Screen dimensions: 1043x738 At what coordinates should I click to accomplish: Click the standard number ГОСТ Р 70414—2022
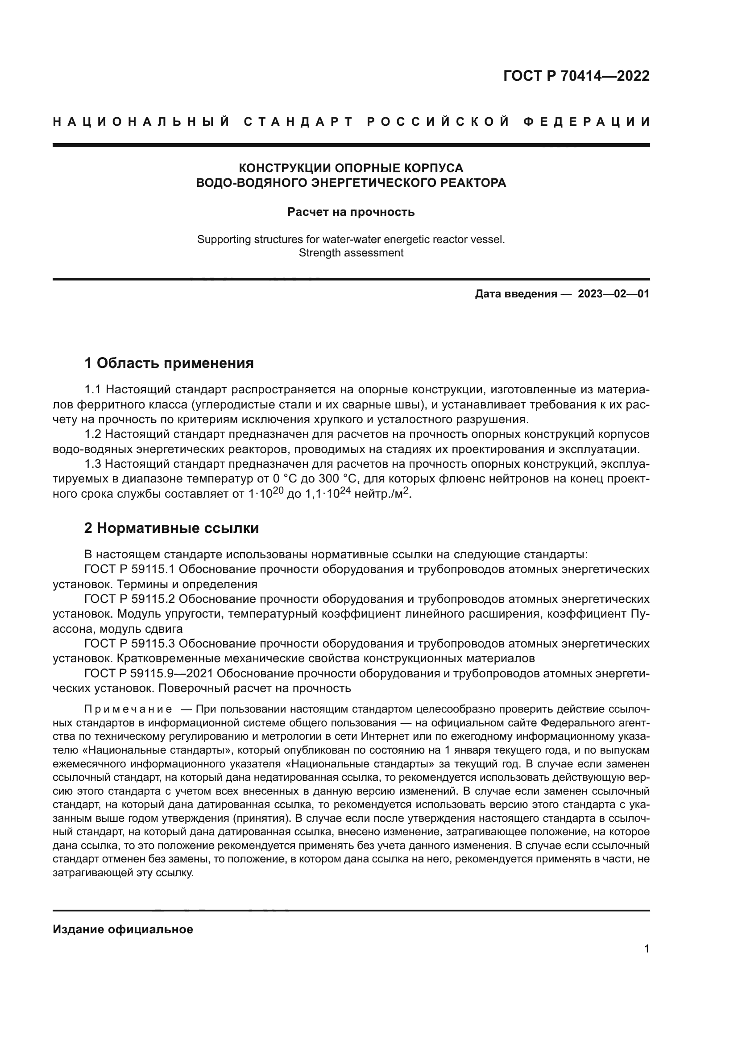click(x=576, y=76)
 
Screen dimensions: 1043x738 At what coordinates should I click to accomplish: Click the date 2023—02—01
click(x=613, y=294)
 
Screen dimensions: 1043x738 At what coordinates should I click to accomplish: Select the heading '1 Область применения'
click(x=169, y=363)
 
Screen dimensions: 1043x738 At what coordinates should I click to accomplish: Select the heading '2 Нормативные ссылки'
click(x=172, y=528)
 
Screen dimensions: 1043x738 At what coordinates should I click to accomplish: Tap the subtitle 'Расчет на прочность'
click(x=351, y=212)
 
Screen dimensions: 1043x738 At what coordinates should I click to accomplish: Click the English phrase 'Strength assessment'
click(x=351, y=253)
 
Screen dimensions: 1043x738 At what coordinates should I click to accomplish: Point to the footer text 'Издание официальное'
click(x=123, y=929)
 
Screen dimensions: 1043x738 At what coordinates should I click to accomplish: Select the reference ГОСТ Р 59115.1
click(x=129, y=569)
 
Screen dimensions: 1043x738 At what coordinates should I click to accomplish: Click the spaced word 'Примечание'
click(x=128, y=709)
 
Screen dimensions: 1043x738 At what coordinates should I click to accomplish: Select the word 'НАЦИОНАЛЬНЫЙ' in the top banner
click(x=141, y=122)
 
